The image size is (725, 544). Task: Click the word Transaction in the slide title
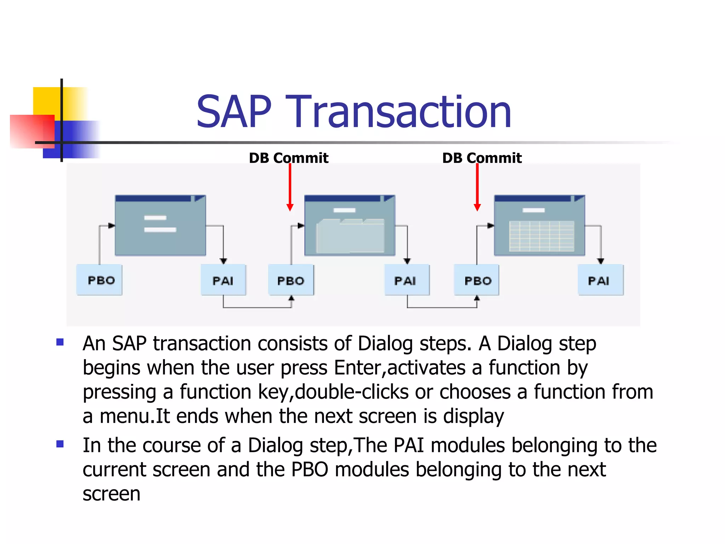400,112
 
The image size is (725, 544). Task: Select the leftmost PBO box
99,280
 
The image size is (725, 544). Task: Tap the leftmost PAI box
223,280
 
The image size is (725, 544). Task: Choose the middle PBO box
291,280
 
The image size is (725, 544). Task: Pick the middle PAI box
407,280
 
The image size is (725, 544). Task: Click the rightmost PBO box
477,280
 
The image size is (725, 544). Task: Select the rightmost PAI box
600,280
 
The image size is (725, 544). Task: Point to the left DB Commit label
289,158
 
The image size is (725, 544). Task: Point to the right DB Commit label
482,158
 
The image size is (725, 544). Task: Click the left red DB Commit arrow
290,188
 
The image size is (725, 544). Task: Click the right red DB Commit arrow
477,188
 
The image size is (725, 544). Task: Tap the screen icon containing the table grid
540,226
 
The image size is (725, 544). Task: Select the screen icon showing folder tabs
350,226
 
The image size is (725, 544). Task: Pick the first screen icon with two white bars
160,226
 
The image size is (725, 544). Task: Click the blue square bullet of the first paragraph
60,342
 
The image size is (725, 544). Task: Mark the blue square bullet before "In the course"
60,444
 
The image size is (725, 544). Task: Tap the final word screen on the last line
112,494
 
